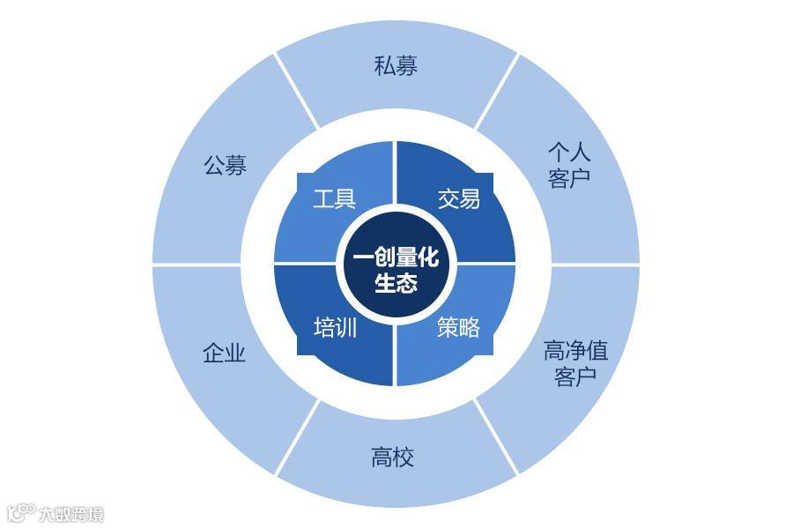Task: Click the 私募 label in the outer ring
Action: point(396,66)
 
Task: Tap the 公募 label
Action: point(226,166)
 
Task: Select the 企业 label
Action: point(224,354)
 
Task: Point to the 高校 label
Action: point(392,458)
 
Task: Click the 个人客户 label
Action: point(569,164)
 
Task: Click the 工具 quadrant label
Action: point(335,198)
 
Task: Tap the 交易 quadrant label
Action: point(459,198)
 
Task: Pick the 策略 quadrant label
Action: point(459,328)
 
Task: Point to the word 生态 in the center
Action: point(396,284)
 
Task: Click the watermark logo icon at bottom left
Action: point(19,512)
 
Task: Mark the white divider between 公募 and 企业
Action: point(196,264)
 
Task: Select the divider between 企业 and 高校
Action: point(297,437)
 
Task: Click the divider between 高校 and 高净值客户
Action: point(496,437)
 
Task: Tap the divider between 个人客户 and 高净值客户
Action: point(596,264)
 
